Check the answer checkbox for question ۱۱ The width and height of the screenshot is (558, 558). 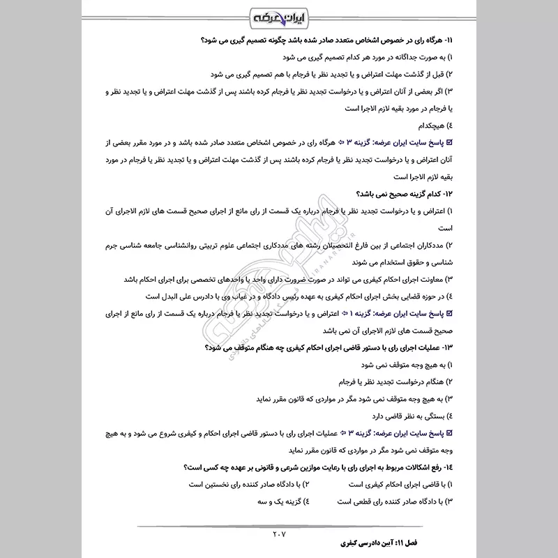pyautogui.click(x=449, y=142)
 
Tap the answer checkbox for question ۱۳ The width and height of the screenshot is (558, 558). pyautogui.click(x=449, y=432)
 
